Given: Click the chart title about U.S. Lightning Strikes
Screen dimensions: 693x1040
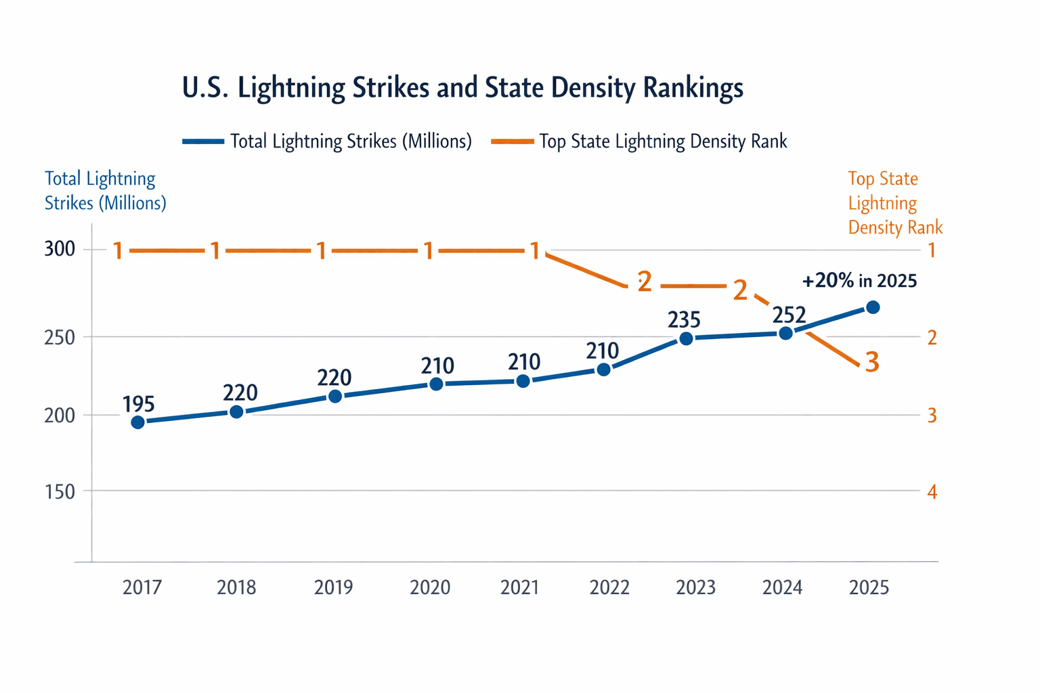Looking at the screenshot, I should coord(462,88).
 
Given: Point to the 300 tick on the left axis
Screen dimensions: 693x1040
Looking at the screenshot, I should coord(60,250).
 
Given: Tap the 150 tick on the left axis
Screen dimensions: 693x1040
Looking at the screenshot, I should coord(60,492).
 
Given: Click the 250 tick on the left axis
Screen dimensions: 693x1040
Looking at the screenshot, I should coord(60,336).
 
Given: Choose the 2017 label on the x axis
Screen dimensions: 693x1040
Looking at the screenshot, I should coord(142,587).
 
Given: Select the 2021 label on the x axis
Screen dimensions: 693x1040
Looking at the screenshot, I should coord(519,587).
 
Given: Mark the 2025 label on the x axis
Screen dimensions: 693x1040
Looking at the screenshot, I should coord(869,587).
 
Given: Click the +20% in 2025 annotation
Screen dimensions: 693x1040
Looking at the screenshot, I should coord(859,281).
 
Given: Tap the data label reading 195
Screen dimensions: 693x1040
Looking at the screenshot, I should coord(139,404).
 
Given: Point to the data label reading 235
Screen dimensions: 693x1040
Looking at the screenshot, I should coord(684,319).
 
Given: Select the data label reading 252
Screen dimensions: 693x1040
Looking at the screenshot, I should coord(789,315).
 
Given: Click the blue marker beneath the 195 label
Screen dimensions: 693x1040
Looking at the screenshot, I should coord(138,422).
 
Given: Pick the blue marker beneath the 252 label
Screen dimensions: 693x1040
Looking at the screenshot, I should coord(785,333).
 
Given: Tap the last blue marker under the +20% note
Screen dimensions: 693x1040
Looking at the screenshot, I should coord(873,307).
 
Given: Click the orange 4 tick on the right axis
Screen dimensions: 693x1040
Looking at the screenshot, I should coord(932,492).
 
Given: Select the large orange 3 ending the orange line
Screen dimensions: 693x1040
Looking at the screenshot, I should coord(872,363).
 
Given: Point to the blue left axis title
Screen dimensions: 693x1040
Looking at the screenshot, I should coord(105,191).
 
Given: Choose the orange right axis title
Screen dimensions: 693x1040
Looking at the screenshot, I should coord(894,203).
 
